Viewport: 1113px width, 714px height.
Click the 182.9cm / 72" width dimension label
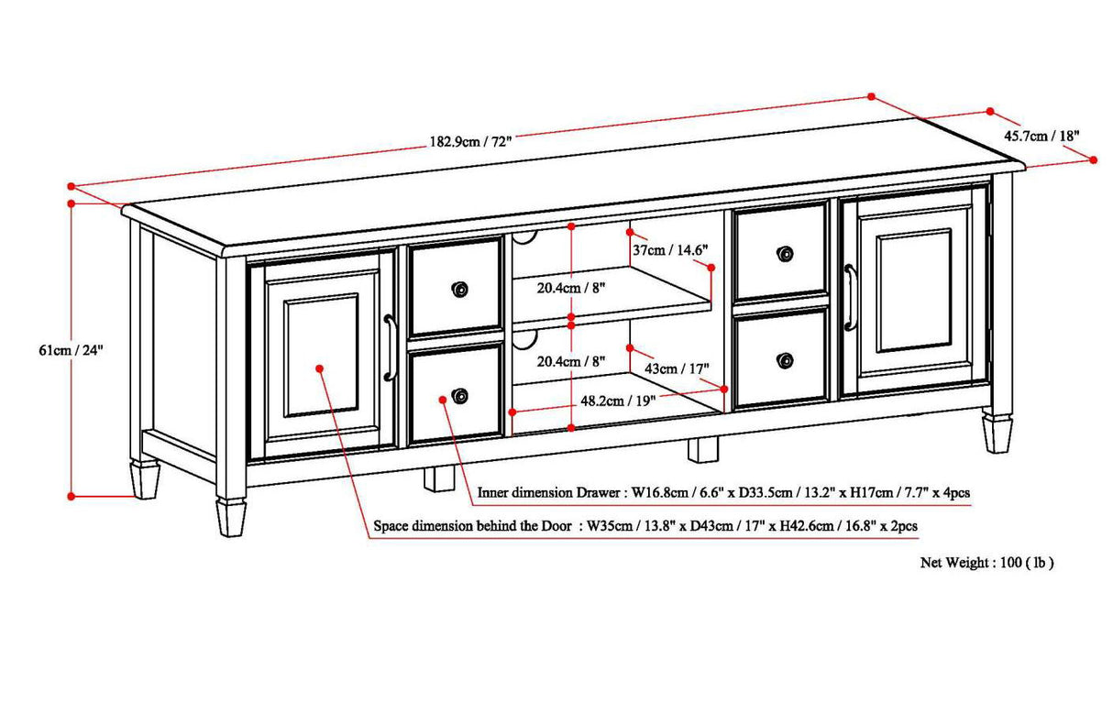coord(470,141)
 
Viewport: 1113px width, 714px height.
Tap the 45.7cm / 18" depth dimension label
coord(1041,136)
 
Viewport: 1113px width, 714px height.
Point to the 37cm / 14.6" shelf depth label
coord(670,248)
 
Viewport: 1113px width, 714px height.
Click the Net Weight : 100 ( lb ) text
coord(986,563)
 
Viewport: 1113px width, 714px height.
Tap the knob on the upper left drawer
coord(459,290)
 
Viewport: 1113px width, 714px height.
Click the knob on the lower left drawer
coord(459,397)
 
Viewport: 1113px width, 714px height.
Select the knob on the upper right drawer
coord(784,253)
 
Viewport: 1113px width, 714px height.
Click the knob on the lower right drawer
coord(784,358)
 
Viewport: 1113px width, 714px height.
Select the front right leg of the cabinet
coord(997,434)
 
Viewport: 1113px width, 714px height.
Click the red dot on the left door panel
coord(320,368)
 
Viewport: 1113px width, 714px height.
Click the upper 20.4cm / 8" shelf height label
coord(570,287)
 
